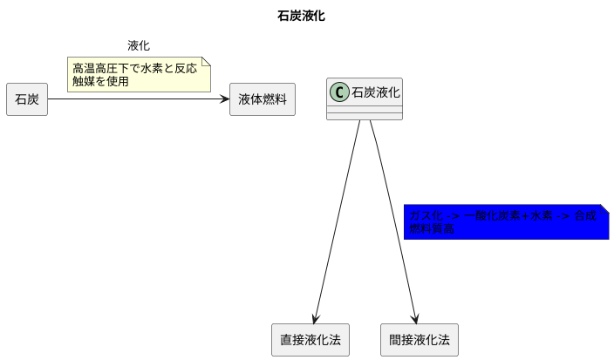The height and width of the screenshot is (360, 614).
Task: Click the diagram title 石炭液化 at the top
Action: point(301,16)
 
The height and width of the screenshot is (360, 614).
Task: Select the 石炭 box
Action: point(27,99)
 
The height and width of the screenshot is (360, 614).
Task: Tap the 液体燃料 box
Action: point(263,99)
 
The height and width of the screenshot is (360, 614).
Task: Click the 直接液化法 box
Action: point(310,339)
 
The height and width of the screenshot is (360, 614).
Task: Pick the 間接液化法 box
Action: point(420,339)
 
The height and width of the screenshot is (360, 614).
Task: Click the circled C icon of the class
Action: point(340,92)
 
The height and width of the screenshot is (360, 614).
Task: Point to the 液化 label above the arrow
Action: point(139,45)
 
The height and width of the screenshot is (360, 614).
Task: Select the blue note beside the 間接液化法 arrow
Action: point(506,222)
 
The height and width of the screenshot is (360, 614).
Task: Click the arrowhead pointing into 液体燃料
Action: point(224,99)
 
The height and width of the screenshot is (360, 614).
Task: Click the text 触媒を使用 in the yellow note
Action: point(100,82)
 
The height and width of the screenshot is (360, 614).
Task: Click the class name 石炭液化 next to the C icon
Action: point(376,92)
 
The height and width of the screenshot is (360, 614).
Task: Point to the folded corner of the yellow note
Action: point(206,62)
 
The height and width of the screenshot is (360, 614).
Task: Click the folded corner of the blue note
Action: point(604,210)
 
